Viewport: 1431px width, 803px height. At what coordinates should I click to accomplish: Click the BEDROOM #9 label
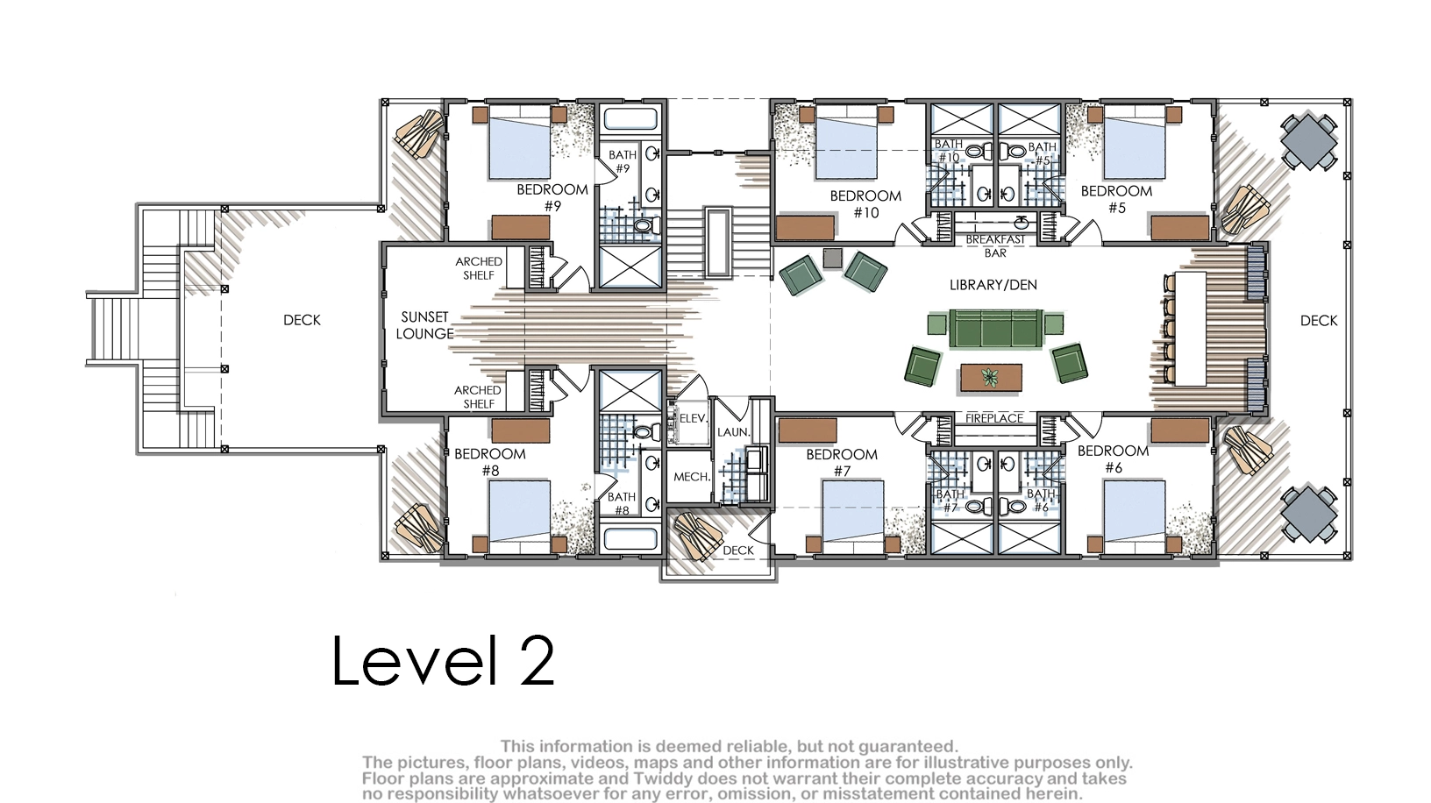[552, 197]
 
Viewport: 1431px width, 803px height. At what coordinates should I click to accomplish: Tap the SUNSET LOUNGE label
[424, 325]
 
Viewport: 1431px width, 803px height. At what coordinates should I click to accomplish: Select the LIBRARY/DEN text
[993, 285]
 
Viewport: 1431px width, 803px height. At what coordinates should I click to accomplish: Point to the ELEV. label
[693, 418]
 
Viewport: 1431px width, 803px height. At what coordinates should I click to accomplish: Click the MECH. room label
[692, 477]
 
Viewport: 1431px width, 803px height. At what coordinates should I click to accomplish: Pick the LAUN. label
[733, 432]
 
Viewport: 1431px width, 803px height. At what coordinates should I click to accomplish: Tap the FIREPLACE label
[994, 418]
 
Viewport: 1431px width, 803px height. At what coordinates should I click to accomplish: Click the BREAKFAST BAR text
[995, 246]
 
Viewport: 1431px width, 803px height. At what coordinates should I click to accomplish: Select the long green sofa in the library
[996, 329]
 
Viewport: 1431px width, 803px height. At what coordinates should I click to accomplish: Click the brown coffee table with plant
[991, 378]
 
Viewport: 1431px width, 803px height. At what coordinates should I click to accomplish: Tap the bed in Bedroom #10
[846, 142]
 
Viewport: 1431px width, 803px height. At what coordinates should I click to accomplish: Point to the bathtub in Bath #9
[630, 119]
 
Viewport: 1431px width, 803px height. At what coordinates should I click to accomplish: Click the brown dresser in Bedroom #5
[1180, 227]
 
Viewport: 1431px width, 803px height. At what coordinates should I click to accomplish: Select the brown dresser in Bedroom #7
[808, 430]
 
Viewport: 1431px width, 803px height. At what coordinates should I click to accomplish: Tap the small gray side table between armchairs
[833, 258]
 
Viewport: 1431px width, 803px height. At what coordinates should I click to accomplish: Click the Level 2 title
[444, 660]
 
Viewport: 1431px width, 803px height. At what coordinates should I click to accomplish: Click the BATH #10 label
[948, 151]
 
